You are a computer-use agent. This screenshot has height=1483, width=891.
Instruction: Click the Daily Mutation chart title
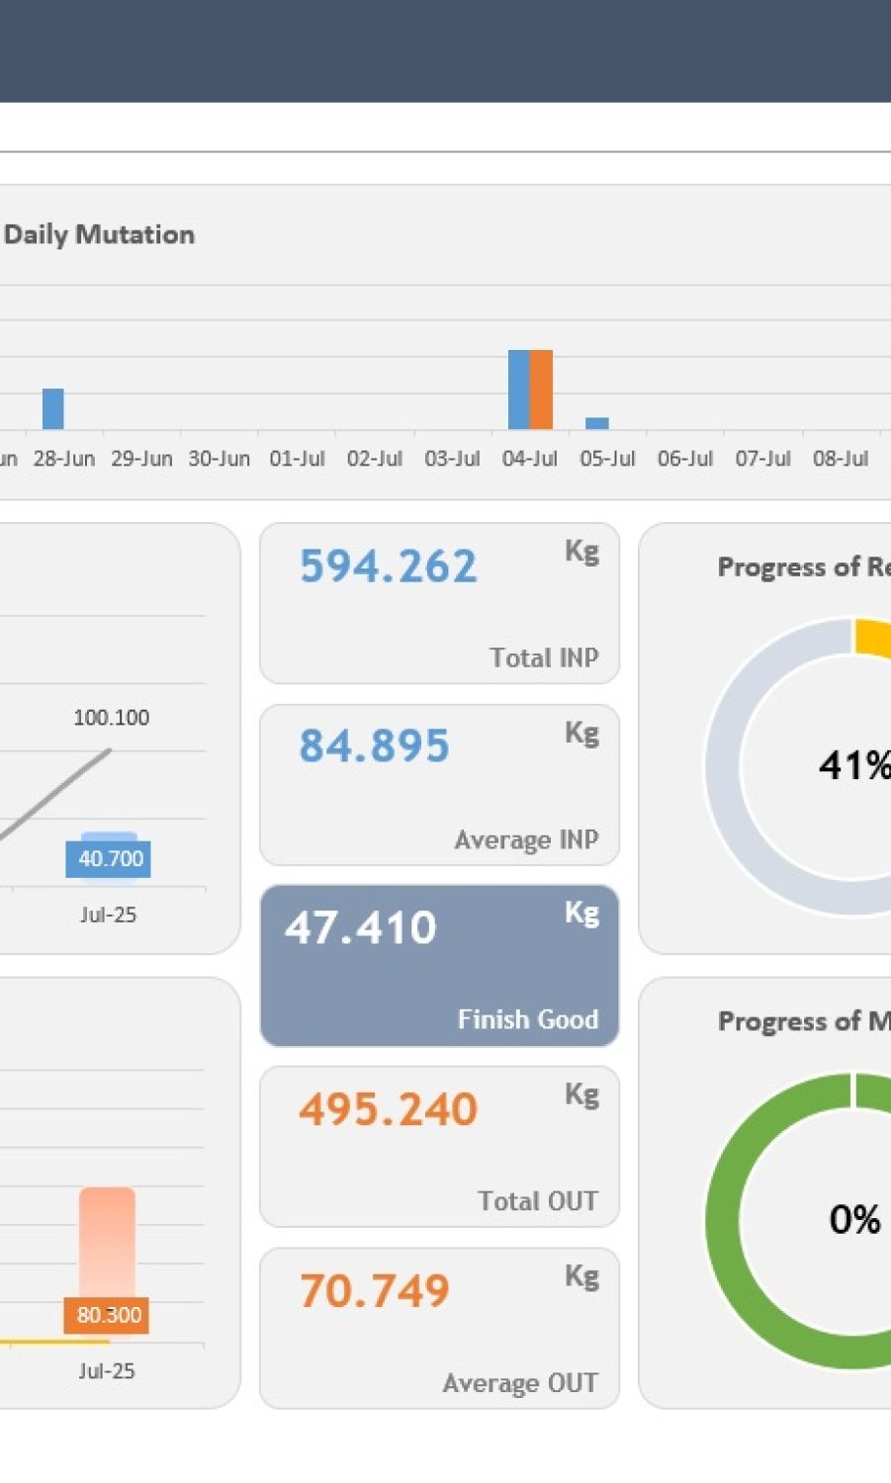99,235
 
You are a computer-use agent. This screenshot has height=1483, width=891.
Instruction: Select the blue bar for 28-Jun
53,408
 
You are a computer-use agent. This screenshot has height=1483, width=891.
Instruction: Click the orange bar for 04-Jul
541,390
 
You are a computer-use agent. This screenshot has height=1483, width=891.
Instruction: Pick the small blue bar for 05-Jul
597,423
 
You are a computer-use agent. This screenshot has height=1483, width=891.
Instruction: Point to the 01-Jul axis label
297,459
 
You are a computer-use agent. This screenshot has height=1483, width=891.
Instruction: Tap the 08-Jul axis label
841,459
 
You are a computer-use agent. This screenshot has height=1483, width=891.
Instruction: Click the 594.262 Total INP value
389,567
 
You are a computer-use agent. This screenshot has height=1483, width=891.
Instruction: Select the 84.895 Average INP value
375,746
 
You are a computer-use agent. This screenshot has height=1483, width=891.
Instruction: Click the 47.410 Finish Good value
361,927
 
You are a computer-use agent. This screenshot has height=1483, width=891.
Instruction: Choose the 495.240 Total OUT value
389,1109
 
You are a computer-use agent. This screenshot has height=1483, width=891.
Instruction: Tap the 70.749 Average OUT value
375,1291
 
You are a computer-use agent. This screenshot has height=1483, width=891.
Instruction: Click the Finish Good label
528,1019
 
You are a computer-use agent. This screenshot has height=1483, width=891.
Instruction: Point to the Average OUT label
520,1383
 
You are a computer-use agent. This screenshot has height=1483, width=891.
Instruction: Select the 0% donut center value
854,1220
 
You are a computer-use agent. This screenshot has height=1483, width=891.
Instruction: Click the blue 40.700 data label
111,858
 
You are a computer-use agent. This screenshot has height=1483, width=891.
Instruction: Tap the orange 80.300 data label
109,1315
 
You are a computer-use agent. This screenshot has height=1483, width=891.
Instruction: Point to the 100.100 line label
112,718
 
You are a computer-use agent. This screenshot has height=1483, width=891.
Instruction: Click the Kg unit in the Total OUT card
582,1094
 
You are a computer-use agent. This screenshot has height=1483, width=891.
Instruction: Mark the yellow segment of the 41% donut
872,637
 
